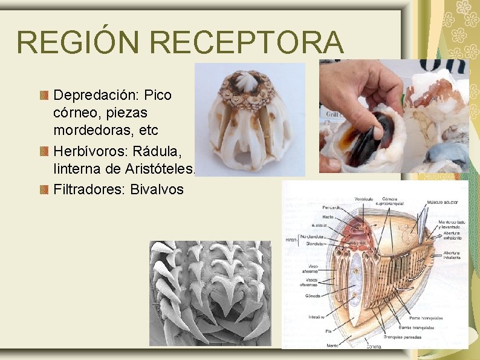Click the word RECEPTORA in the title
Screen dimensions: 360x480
coord(247,42)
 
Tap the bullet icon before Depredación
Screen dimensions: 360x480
coord(44,96)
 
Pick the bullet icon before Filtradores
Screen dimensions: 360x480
coord(44,190)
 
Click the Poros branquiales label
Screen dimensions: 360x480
coord(426,318)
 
